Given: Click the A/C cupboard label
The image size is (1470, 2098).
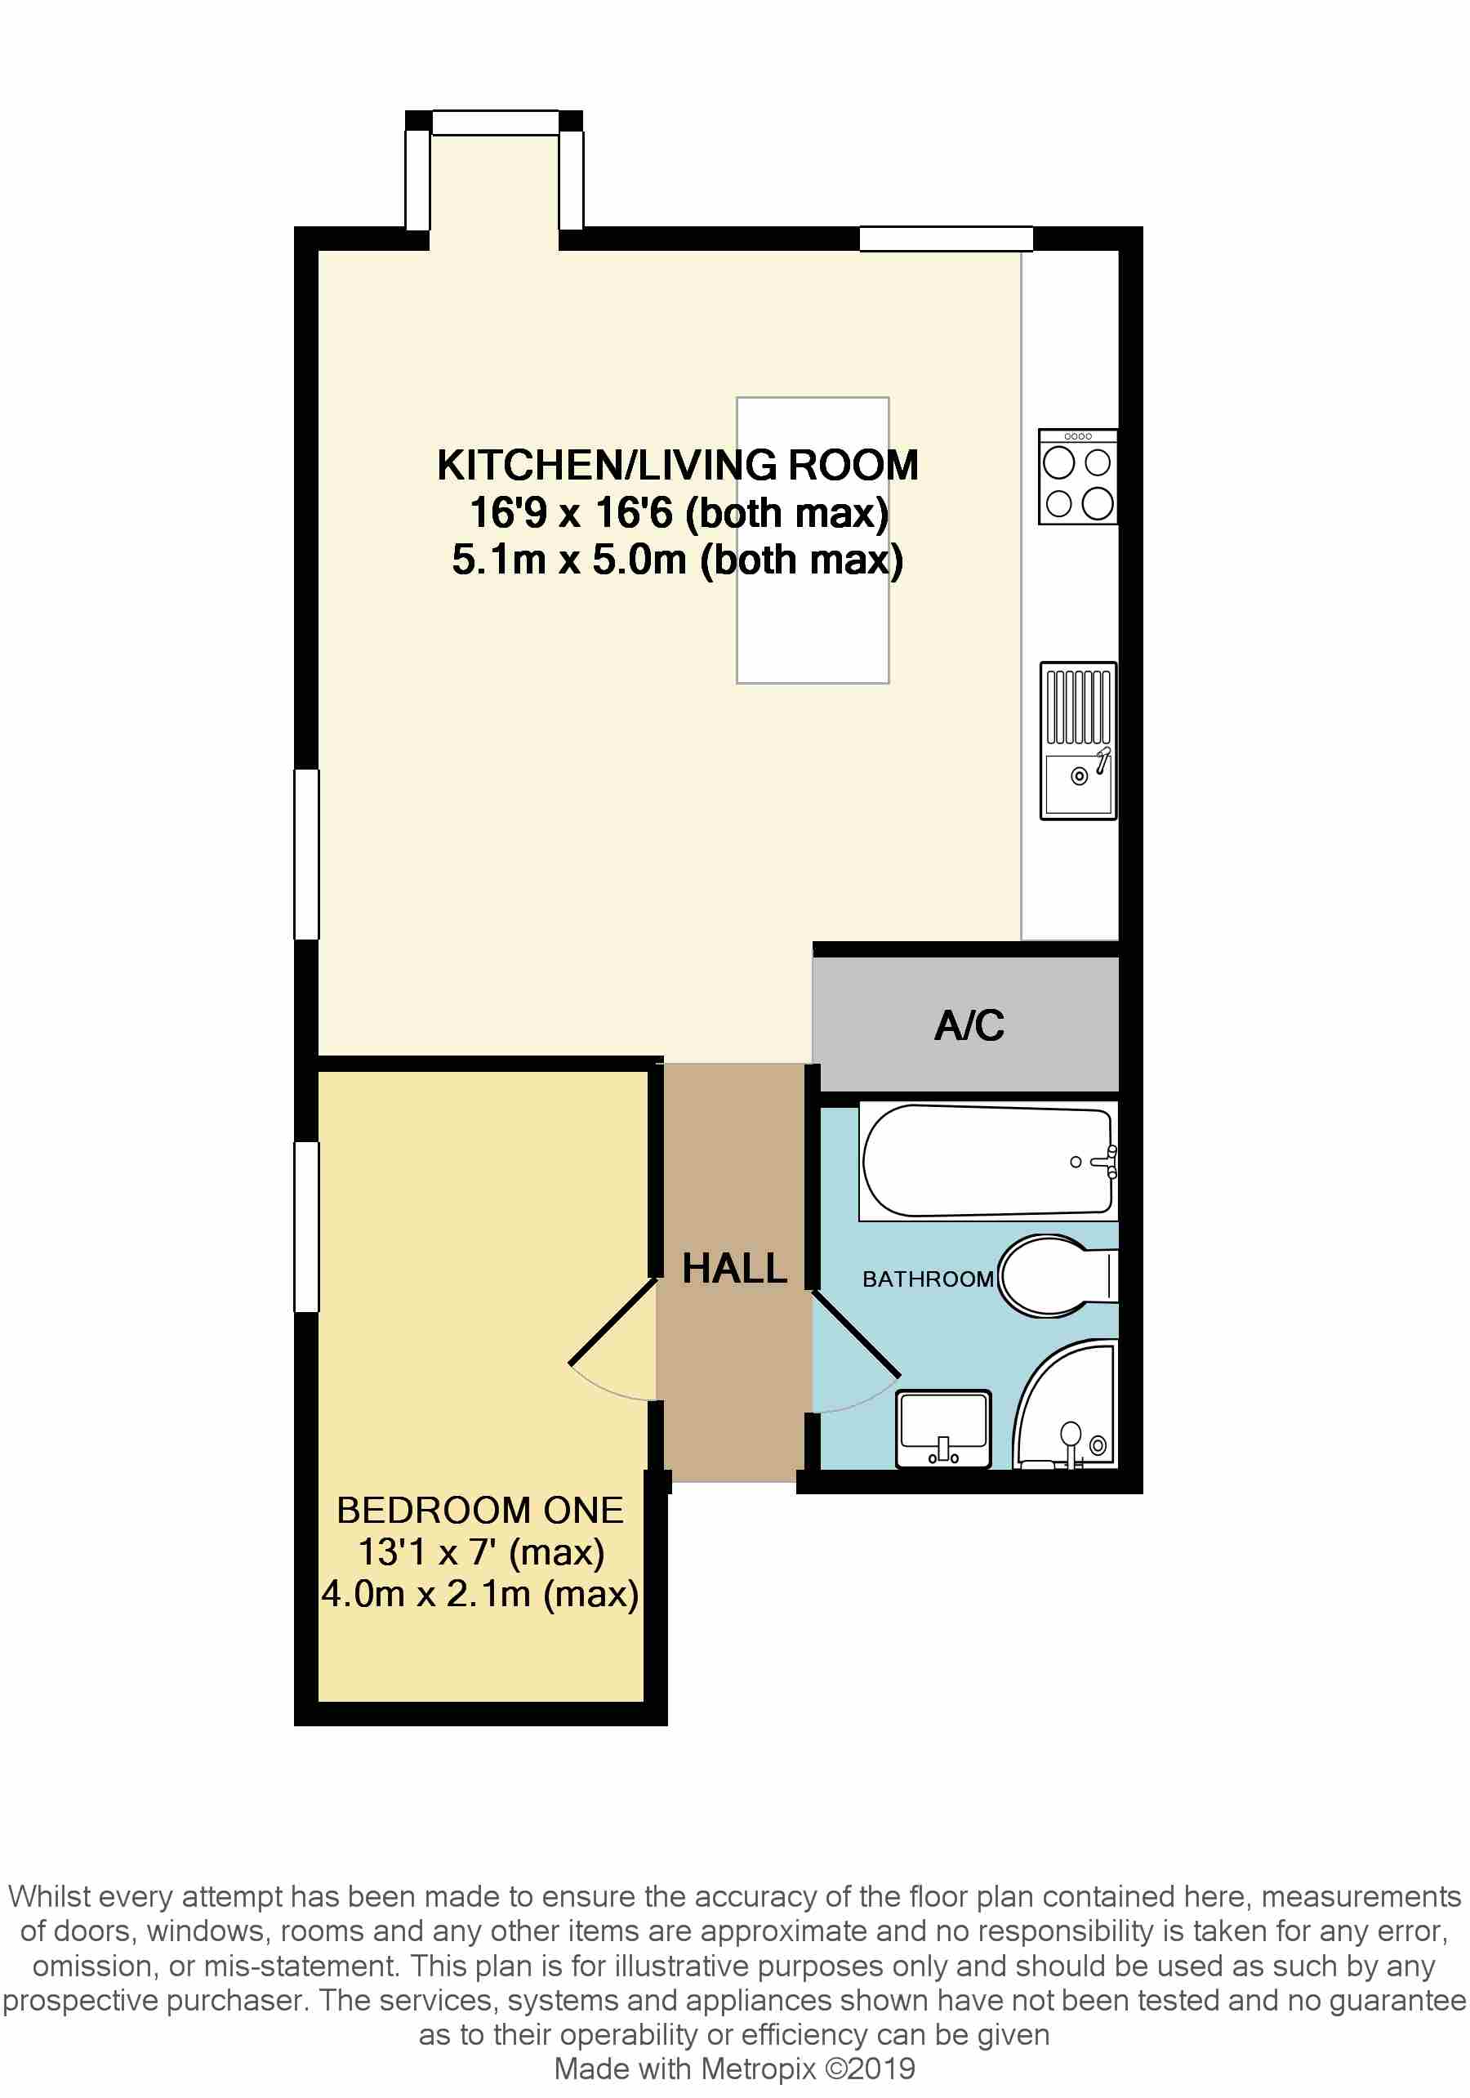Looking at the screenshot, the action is [x=969, y=1025].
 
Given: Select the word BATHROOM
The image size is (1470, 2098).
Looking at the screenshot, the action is [x=927, y=1279].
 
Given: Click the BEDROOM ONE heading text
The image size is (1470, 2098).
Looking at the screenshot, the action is [x=479, y=1511].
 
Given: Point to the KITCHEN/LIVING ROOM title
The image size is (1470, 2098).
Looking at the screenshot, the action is [x=677, y=465].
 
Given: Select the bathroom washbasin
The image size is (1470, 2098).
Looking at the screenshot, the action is [x=943, y=1428].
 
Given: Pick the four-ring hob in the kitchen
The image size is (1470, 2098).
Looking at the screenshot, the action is [x=1077, y=476].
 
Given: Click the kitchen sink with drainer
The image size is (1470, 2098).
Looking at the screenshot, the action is [x=1078, y=740].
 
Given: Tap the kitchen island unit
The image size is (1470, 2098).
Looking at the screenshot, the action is [x=813, y=540].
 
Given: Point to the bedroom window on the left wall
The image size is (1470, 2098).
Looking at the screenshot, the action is [x=306, y=1226].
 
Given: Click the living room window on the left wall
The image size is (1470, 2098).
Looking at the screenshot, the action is [x=306, y=855].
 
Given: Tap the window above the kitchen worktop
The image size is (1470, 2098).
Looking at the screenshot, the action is [x=946, y=238].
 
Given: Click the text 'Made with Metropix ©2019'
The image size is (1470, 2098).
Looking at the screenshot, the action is [x=734, y=2069].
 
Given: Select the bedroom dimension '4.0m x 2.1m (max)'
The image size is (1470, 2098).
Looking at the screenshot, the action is [x=479, y=1595].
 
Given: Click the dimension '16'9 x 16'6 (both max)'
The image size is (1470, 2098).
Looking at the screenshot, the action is [x=679, y=512].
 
